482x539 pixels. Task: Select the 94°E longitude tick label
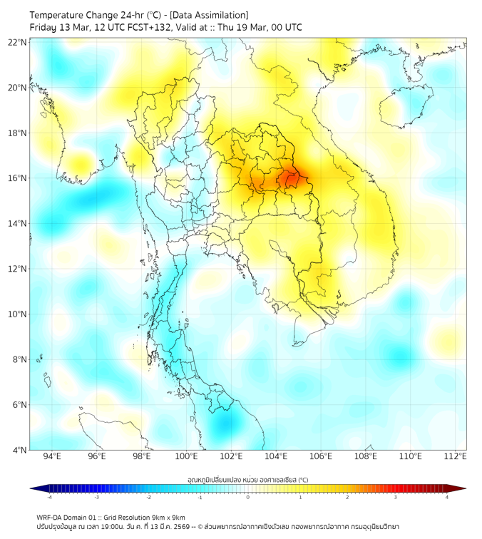tap(52, 456)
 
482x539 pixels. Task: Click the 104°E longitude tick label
tap(277, 456)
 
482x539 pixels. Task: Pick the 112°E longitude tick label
tap(456, 456)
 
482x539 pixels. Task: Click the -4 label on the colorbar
tap(48, 497)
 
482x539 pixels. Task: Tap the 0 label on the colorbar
tap(248, 497)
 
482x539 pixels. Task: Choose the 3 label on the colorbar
tap(396, 497)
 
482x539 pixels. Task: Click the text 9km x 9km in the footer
tap(168, 518)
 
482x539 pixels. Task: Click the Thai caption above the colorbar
tap(247, 479)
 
